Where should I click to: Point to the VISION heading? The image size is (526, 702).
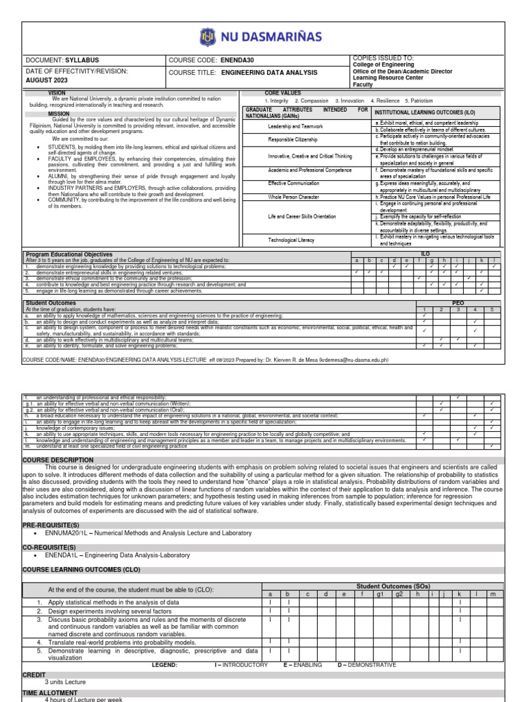(56, 93)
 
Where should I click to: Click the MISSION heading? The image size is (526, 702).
(59, 114)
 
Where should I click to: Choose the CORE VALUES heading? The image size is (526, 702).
(282, 93)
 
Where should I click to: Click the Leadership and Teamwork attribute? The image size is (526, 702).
(295, 127)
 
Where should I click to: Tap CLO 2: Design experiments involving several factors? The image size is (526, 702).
(112, 610)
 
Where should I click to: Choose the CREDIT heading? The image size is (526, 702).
(34, 675)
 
